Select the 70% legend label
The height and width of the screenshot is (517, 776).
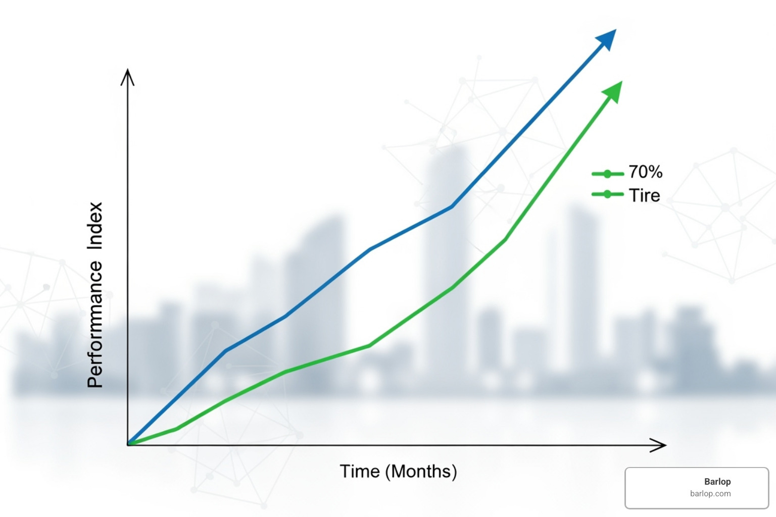pyautogui.click(x=645, y=172)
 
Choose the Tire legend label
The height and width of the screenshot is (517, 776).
pyautogui.click(x=644, y=195)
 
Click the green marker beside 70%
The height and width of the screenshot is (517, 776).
pyautogui.click(x=607, y=174)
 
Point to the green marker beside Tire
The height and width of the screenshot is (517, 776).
pyautogui.click(x=607, y=194)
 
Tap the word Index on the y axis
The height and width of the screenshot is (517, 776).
pyautogui.click(x=95, y=226)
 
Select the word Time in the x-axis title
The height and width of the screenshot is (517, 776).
pyautogui.click(x=359, y=472)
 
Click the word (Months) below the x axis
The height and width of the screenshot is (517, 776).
pyautogui.click(x=421, y=472)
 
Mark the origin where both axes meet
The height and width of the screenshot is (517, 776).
pyautogui.click(x=128, y=445)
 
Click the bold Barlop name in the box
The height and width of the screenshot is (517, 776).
pyautogui.click(x=717, y=482)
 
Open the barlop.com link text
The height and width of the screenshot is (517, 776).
pyautogui.click(x=710, y=494)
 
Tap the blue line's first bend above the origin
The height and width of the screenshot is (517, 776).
pyautogui.click(x=225, y=350)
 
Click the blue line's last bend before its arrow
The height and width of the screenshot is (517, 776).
pyautogui.click(x=452, y=206)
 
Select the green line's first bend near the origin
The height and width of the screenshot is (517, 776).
pyautogui.click(x=176, y=429)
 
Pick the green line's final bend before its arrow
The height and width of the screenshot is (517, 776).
pyautogui.click(x=505, y=239)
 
